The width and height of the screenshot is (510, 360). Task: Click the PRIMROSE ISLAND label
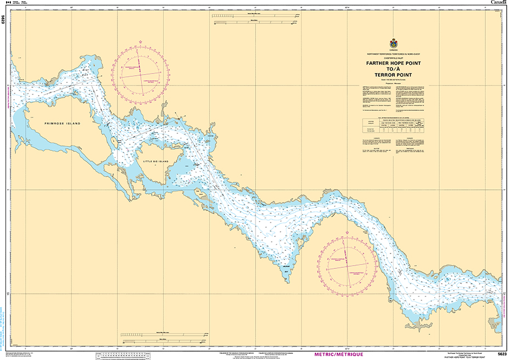pyautogui.click(x=63, y=123)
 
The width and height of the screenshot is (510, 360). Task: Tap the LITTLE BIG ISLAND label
pyautogui.click(x=156, y=162)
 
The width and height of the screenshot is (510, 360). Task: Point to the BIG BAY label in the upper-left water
pyautogui.click(x=85, y=71)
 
